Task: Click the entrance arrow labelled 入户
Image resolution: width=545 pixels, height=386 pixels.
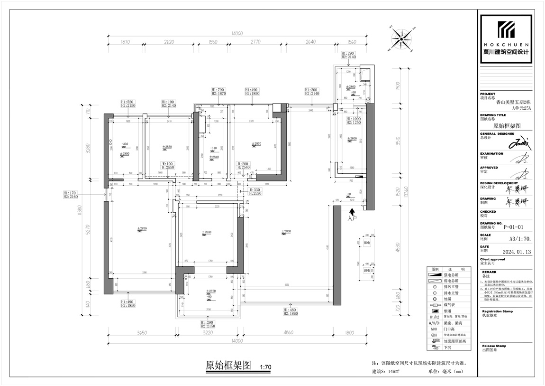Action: click(351, 215)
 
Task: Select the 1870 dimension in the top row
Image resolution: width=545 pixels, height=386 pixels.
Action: click(125, 42)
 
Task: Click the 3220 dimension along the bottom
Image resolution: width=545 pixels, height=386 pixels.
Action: click(209, 333)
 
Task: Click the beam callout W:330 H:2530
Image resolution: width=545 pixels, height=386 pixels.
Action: click(257, 191)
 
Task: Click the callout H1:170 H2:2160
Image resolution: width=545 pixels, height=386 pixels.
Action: click(71, 195)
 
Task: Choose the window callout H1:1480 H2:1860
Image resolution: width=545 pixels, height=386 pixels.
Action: click(291, 312)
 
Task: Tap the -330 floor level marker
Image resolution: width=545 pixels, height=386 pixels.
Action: click(125, 144)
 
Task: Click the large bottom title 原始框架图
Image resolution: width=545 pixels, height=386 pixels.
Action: click(228, 366)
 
